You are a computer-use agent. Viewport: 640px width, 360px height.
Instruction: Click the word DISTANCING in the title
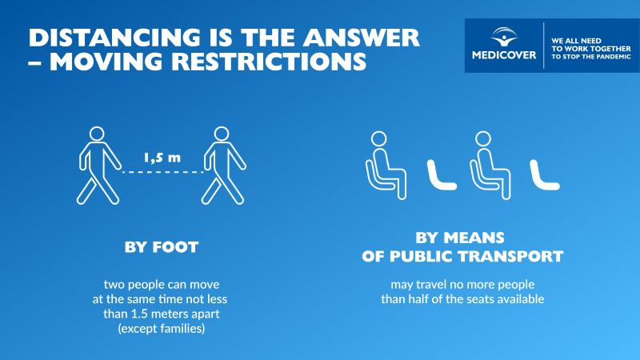point(114,37)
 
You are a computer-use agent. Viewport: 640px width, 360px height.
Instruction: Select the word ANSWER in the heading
point(361,37)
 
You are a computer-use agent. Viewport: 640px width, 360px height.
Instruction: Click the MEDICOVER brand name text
point(504,55)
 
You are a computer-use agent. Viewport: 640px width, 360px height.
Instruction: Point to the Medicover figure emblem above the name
point(504,37)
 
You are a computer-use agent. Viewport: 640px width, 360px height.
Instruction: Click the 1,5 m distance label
point(162,158)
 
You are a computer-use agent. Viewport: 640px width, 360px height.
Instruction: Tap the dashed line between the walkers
point(162,172)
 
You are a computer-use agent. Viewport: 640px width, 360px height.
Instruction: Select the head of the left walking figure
point(97,134)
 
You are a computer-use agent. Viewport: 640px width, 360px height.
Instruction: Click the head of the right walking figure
point(222,134)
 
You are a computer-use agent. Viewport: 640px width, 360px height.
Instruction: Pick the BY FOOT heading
point(162,247)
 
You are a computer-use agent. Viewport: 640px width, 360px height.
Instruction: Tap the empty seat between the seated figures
point(441,175)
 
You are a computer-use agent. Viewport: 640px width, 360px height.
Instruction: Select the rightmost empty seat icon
point(544,175)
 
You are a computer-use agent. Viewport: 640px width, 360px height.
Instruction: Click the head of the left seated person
point(378,138)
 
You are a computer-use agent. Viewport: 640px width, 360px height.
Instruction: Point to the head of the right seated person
point(483,138)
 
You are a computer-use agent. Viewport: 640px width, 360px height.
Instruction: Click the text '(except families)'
point(162,329)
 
